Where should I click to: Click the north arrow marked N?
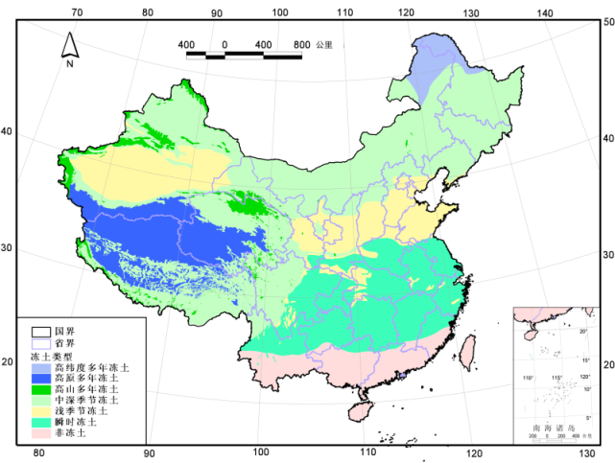coord(70,48)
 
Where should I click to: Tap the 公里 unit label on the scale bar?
coord(324,44)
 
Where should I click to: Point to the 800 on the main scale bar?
coord(301,44)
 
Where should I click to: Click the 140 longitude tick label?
coord(544,12)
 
